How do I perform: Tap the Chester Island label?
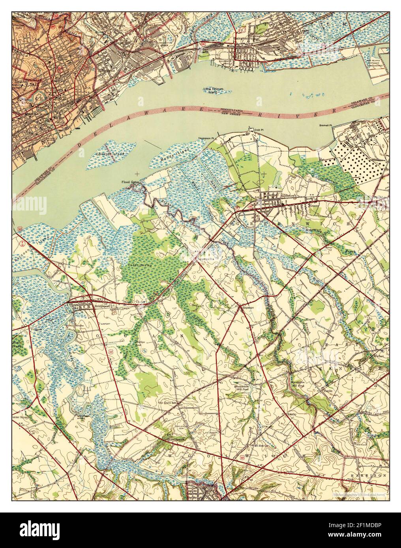(111, 154)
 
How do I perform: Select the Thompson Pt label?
(206, 139)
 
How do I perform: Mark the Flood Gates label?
(130, 182)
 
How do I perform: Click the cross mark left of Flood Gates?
(137, 173)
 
